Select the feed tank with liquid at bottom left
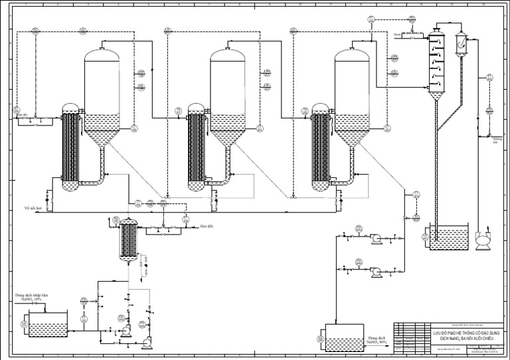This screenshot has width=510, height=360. point(48,325)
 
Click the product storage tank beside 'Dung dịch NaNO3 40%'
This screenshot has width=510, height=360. point(344,337)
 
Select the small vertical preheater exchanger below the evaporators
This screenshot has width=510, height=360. point(127,240)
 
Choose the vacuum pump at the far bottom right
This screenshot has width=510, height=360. point(482,240)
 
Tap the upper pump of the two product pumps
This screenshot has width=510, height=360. point(375,237)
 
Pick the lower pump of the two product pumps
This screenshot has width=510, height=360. point(375,272)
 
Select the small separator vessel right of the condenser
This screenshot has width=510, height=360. point(461,44)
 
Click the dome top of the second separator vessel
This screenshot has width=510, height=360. point(228,54)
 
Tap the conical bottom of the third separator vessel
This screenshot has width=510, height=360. point(352,136)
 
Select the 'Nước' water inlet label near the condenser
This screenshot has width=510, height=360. point(396,33)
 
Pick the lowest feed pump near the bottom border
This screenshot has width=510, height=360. point(147,342)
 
